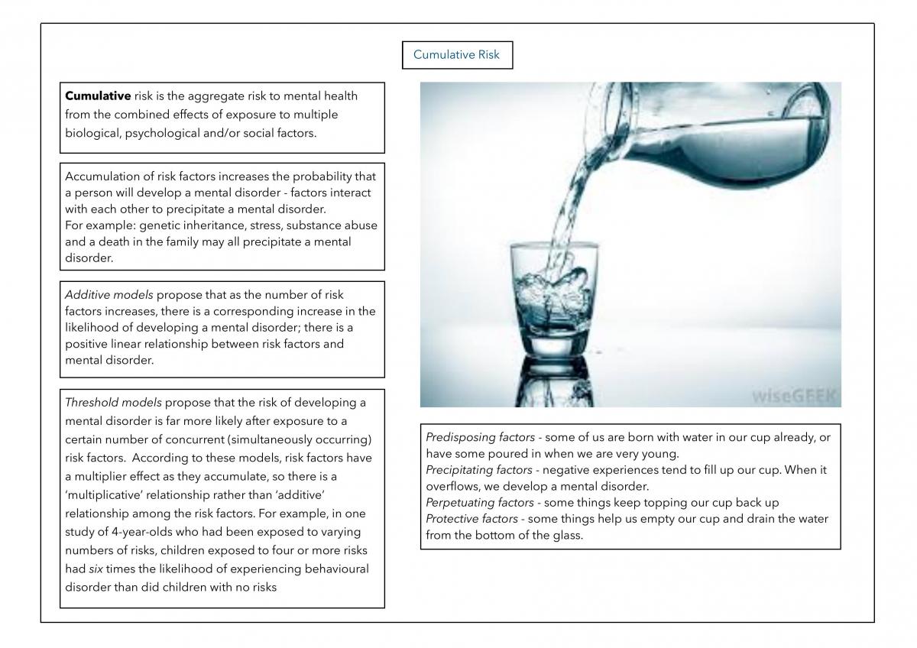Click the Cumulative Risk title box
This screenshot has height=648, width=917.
(457, 55)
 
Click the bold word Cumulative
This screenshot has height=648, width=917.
(98, 96)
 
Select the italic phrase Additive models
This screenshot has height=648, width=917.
(109, 295)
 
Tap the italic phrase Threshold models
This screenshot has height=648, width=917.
(113, 403)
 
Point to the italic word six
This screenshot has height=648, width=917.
(96, 569)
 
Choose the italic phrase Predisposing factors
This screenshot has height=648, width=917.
(480, 437)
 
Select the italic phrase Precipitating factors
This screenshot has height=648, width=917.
(479, 470)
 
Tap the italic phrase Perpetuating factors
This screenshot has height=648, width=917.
(480, 503)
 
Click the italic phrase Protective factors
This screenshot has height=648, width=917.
(471, 519)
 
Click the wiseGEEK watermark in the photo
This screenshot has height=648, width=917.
(793, 396)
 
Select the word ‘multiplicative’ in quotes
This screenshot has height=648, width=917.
(104, 495)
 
